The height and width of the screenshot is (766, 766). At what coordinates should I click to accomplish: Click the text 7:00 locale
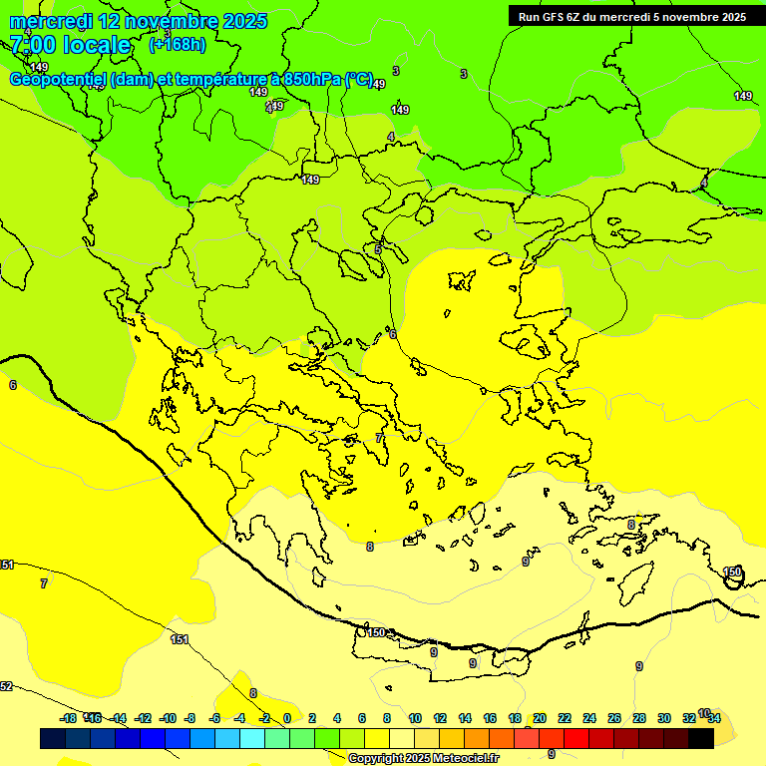[x=70, y=45]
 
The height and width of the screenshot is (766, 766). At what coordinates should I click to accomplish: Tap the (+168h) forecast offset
[x=178, y=44]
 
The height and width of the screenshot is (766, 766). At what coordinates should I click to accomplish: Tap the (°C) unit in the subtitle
[x=359, y=79]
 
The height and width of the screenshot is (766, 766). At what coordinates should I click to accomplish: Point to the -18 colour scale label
[x=69, y=718]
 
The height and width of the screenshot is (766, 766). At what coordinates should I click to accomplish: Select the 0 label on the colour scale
[x=287, y=718]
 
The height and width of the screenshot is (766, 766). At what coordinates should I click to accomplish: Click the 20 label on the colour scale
[x=540, y=718]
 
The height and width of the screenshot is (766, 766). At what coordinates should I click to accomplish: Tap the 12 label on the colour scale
[x=440, y=718]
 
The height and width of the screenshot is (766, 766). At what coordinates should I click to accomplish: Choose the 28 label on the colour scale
[x=639, y=718]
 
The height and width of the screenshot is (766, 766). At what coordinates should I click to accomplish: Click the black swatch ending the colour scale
[x=701, y=738]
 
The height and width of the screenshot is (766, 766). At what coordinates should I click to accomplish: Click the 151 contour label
[x=180, y=639]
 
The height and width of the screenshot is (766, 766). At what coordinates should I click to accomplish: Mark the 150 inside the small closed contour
[x=733, y=573]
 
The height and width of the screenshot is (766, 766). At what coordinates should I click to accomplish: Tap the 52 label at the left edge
[x=6, y=686]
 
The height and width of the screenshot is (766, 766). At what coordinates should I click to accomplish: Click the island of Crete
[x=449, y=653]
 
